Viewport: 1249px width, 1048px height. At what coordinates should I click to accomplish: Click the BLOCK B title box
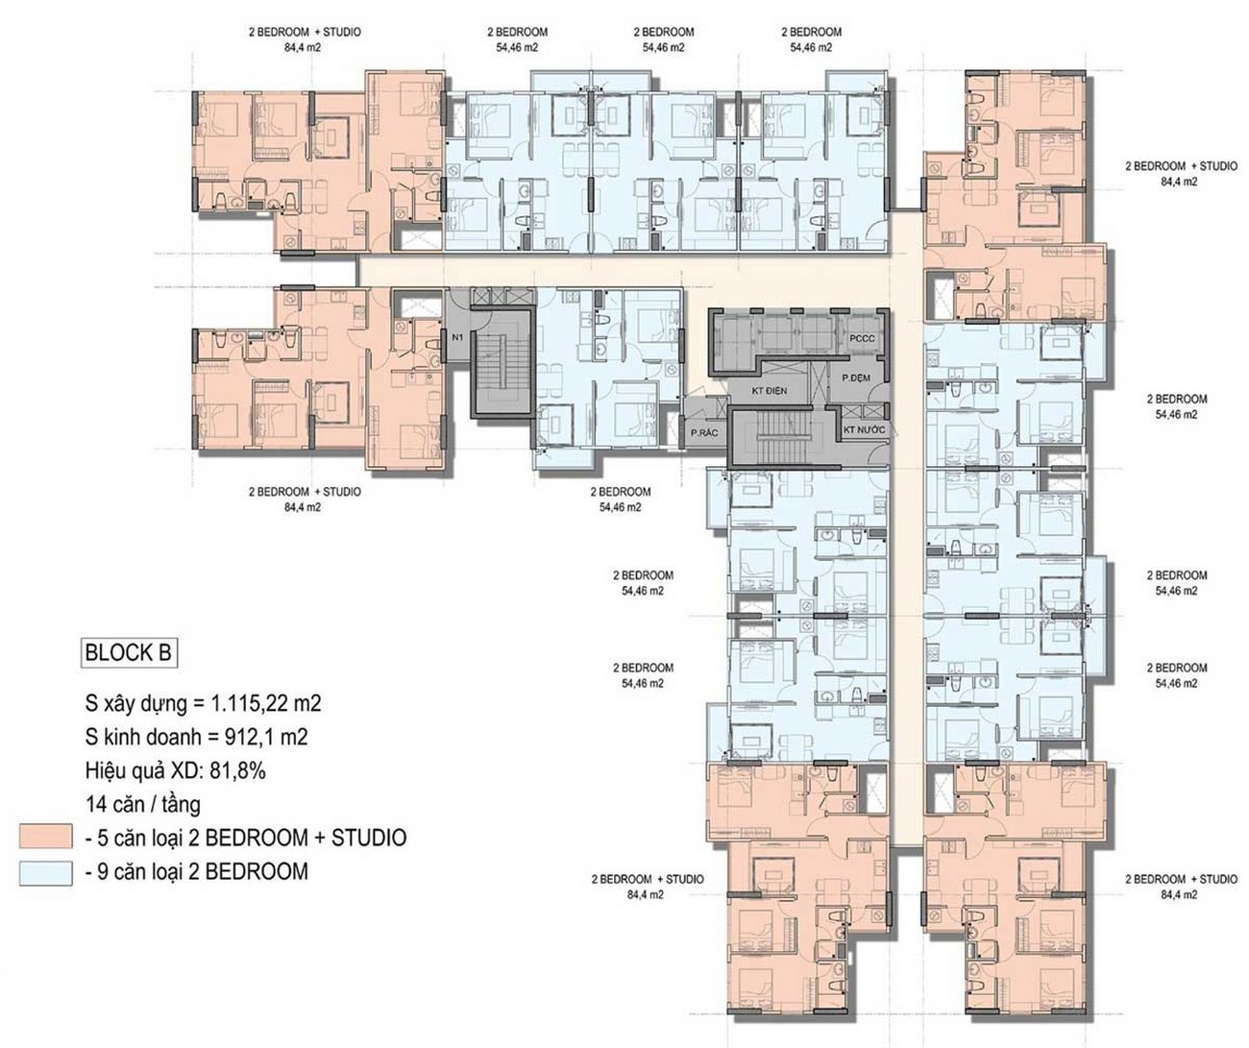[129, 652]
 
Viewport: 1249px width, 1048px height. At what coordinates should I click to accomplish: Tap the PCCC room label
[862, 338]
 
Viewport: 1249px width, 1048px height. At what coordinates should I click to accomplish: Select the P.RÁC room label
[704, 432]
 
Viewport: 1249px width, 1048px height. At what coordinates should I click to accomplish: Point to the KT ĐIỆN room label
[770, 391]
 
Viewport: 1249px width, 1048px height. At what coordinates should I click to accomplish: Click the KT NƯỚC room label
[865, 429]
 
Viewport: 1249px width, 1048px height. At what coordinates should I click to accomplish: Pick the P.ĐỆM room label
[856, 378]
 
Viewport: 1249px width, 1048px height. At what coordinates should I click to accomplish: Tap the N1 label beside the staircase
[457, 337]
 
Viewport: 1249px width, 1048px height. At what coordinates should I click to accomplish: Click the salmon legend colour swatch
[45, 837]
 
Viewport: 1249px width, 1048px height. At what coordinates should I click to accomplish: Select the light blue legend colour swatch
[45, 873]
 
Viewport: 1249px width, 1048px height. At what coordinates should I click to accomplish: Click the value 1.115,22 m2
[266, 703]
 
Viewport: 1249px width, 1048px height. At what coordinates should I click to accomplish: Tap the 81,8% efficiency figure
[237, 771]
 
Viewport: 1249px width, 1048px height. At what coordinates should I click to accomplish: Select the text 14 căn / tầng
[143, 805]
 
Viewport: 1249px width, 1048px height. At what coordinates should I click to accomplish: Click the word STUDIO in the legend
[369, 838]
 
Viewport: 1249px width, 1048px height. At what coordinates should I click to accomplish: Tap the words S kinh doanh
[143, 737]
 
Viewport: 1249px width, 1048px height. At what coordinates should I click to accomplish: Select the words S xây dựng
[135, 704]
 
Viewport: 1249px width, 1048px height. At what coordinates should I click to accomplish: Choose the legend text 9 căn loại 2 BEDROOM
[203, 871]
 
